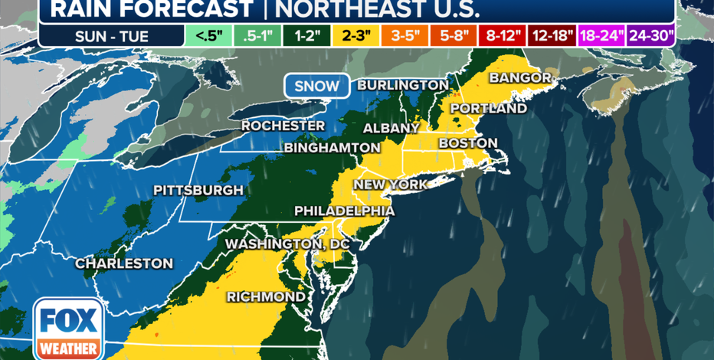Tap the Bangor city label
pos(520,78)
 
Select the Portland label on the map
pos(488,108)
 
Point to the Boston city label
pos(467,143)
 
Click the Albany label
pos(391,128)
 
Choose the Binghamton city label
pos(332,147)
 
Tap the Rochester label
pos(283,126)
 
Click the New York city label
pos(390,185)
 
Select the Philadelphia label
pos(345,211)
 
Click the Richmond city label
pos(266,296)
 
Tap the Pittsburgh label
pos(198,190)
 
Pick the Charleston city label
pos(123,263)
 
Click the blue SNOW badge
pos(316,86)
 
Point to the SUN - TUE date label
pos(112,36)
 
